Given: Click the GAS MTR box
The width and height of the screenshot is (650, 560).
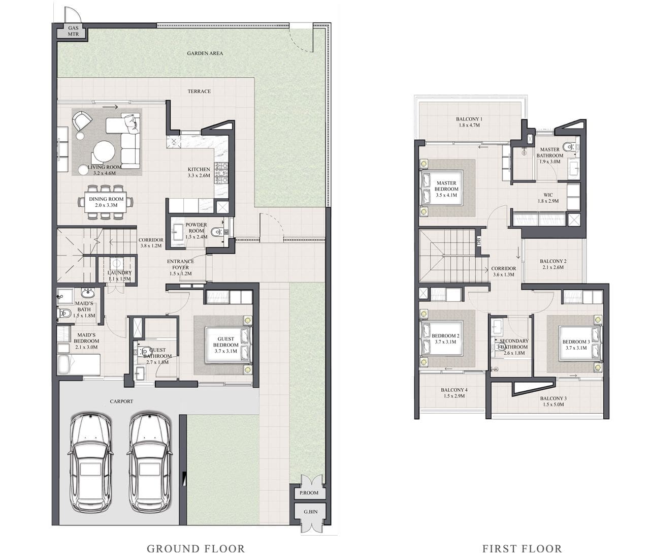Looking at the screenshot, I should (x=74, y=32).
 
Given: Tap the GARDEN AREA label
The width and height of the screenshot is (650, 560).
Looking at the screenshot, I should (x=205, y=53).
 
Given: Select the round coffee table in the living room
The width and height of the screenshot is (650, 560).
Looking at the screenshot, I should (x=104, y=151).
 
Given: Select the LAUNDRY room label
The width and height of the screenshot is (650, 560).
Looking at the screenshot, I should (x=119, y=273).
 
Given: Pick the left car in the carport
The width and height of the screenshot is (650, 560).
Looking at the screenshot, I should (x=90, y=461).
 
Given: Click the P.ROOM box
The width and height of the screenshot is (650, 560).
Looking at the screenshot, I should (x=309, y=493).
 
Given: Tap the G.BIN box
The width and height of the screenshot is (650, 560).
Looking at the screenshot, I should (x=310, y=512).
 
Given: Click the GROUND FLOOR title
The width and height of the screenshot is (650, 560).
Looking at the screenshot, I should (x=196, y=549).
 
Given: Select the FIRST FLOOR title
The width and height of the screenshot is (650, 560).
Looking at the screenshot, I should (x=522, y=549).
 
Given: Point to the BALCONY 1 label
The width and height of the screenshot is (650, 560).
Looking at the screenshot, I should (x=468, y=119).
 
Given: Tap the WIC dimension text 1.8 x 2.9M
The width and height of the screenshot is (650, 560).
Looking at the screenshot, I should (x=548, y=201).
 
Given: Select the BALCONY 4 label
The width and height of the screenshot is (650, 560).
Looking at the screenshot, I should (x=454, y=390).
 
